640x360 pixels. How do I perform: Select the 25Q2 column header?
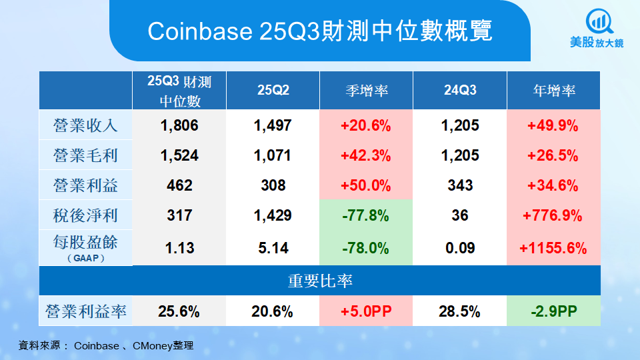(x=273, y=91)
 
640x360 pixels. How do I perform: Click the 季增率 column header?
(x=367, y=91)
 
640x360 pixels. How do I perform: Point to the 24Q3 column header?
(x=460, y=91)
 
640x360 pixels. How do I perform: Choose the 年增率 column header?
(x=554, y=91)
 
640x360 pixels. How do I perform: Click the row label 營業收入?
(x=85, y=125)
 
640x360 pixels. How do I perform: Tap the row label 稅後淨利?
(x=85, y=215)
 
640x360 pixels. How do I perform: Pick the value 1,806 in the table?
(x=179, y=125)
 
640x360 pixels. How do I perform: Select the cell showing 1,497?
(x=273, y=125)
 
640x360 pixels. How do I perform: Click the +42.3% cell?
(x=366, y=156)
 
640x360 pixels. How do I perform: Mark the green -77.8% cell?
(x=366, y=215)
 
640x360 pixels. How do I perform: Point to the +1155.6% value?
(x=553, y=248)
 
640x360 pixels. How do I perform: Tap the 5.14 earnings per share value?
(x=273, y=248)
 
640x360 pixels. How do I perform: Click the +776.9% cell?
(x=553, y=215)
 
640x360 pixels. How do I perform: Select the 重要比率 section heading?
(x=320, y=281)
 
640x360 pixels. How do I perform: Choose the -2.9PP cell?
(x=553, y=311)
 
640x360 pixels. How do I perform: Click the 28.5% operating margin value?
(x=460, y=311)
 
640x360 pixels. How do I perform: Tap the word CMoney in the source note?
(x=154, y=346)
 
